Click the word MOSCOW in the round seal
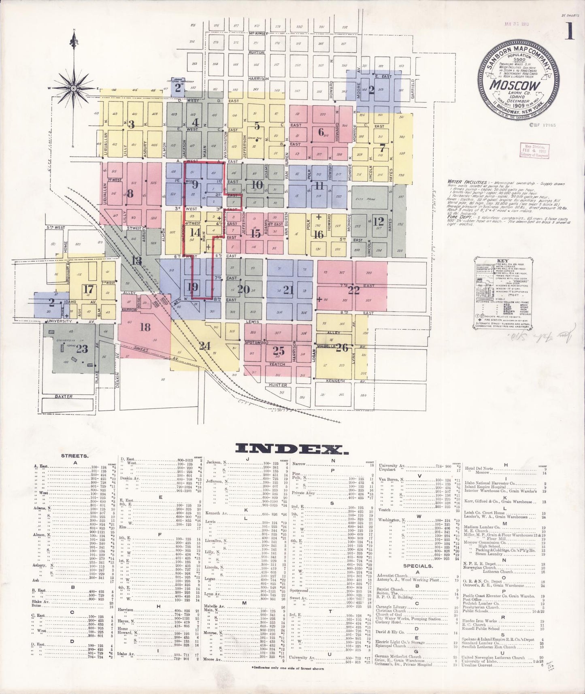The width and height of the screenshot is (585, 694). pyautogui.click(x=515, y=85)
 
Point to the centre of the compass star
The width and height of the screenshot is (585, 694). pyautogui.click(x=74, y=88)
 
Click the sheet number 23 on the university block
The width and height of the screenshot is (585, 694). pyautogui.click(x=82, y=349)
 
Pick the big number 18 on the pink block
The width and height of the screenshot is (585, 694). pyautogui.click(x=145, y=327)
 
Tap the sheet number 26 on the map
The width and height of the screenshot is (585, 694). pyautogui.click(x=342, y=348)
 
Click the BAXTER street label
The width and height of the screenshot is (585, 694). pyautogui.click(x=64, y=396)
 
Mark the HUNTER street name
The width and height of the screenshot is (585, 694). pyautogui.click(x=278, y=385)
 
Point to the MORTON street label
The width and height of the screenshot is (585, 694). pyautogui.click(x=256, y=53)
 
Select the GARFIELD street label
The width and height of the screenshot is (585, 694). pyautogui.click(x=413, y=88)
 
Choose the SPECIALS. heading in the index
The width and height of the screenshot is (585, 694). pyautogui.click(x=417, y=566)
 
